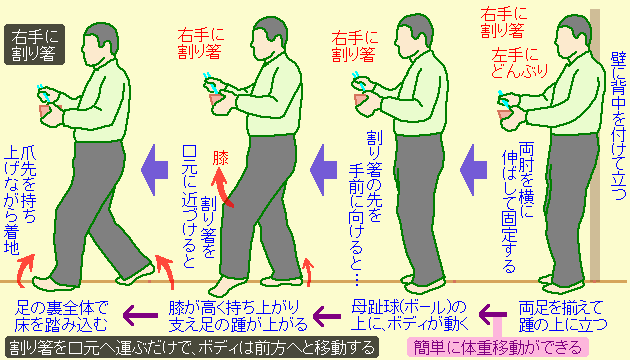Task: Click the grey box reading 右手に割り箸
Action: (x=34, y=46)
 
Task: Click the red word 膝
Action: (x=220, y=158)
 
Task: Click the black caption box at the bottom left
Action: (x=190, y=347)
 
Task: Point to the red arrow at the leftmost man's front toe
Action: (x=30, y=263)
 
